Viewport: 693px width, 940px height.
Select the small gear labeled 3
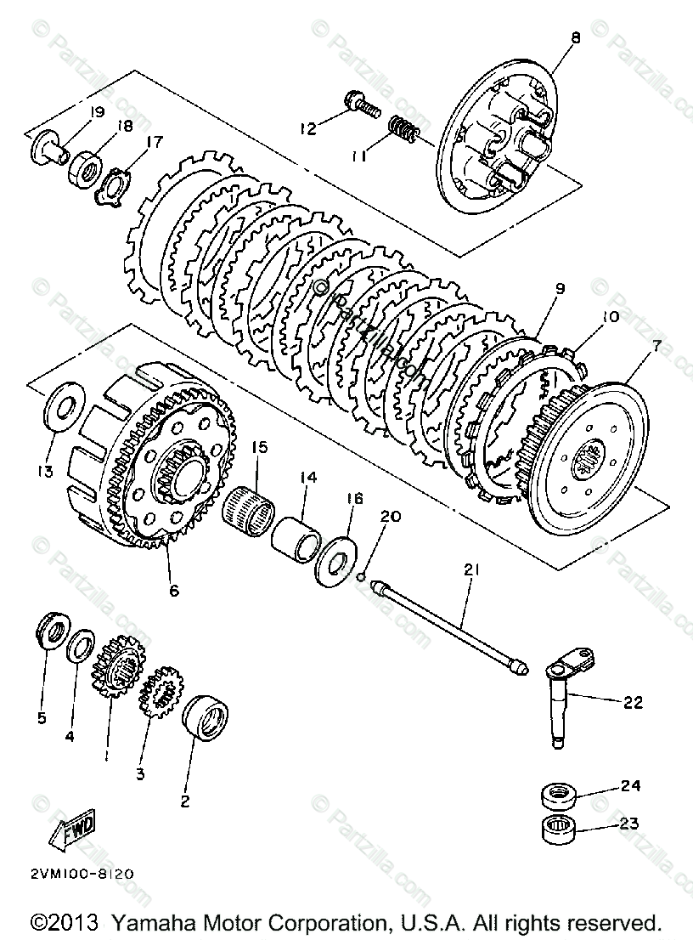pos(160,694)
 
